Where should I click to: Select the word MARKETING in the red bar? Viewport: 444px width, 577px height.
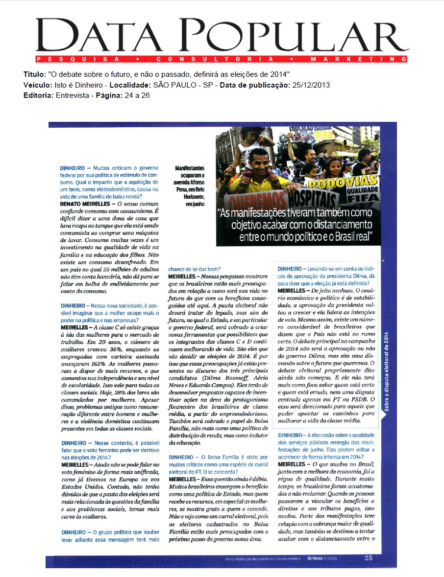coord(358,59)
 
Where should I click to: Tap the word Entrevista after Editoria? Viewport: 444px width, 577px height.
coord(71,95)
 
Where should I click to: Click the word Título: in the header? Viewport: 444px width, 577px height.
coord(34,74)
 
